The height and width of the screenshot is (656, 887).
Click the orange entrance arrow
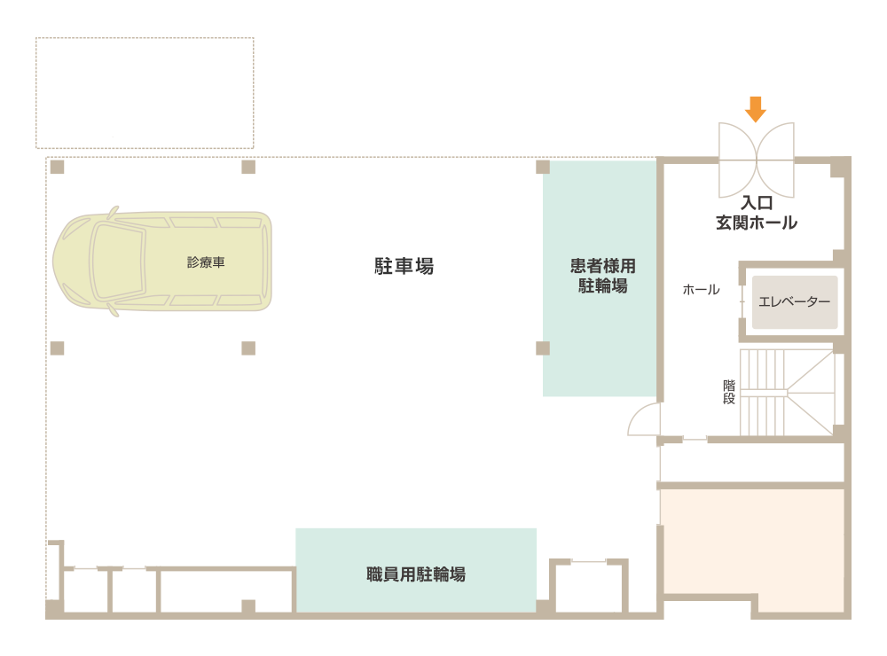coord(755,109)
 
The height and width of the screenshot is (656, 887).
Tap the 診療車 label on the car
coord(206,262)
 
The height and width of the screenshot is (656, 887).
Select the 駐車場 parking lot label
coord(404,265)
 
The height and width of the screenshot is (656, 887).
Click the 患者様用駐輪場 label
coord(603,276)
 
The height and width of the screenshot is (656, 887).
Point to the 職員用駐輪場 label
coord(416,574)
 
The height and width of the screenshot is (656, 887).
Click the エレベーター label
coord(795,301)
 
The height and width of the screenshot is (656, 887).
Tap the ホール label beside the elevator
coord(701,290)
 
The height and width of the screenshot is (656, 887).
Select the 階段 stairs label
coord(729,392)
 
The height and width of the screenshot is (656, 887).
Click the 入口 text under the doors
coord(757,204)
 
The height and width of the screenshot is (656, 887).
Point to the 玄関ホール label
coord(757,223)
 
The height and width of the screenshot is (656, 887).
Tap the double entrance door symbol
coord(756,160)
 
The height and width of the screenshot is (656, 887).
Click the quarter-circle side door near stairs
coord(644,419)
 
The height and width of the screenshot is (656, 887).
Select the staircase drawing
coord(788,392)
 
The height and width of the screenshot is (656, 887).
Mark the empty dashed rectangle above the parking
coord(145,92)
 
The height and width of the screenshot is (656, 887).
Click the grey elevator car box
coord(795,301)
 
